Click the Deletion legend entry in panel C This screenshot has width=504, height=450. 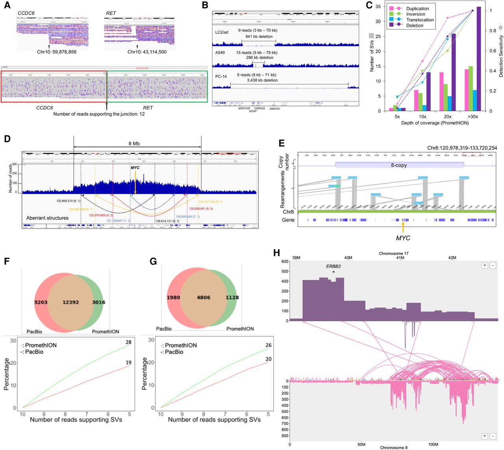click(x=415, y=26)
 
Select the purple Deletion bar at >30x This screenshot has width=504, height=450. click(x=478, y=59)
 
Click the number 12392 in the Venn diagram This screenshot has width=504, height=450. click(x=71, y=302)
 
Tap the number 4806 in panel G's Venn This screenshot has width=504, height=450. click(x=203, y=298)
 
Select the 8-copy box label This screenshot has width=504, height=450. click(x=399, y=165)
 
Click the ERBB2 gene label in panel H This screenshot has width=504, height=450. click(x=333, y=266)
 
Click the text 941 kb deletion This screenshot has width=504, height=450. click(x=259, y=37)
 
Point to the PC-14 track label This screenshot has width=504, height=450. click(x=221, y=76)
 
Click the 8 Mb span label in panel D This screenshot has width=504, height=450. click(x=134, y=143)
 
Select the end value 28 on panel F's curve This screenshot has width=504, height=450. click(x=128, y=342)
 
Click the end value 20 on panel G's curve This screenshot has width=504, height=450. click(x=268, y=359)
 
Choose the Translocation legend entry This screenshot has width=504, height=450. click(x=420, y=20)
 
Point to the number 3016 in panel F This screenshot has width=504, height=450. click(x=98, y=302)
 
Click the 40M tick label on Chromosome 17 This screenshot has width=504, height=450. click(x=348, y=258)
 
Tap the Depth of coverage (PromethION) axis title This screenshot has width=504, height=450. click(x=435, y=123)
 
